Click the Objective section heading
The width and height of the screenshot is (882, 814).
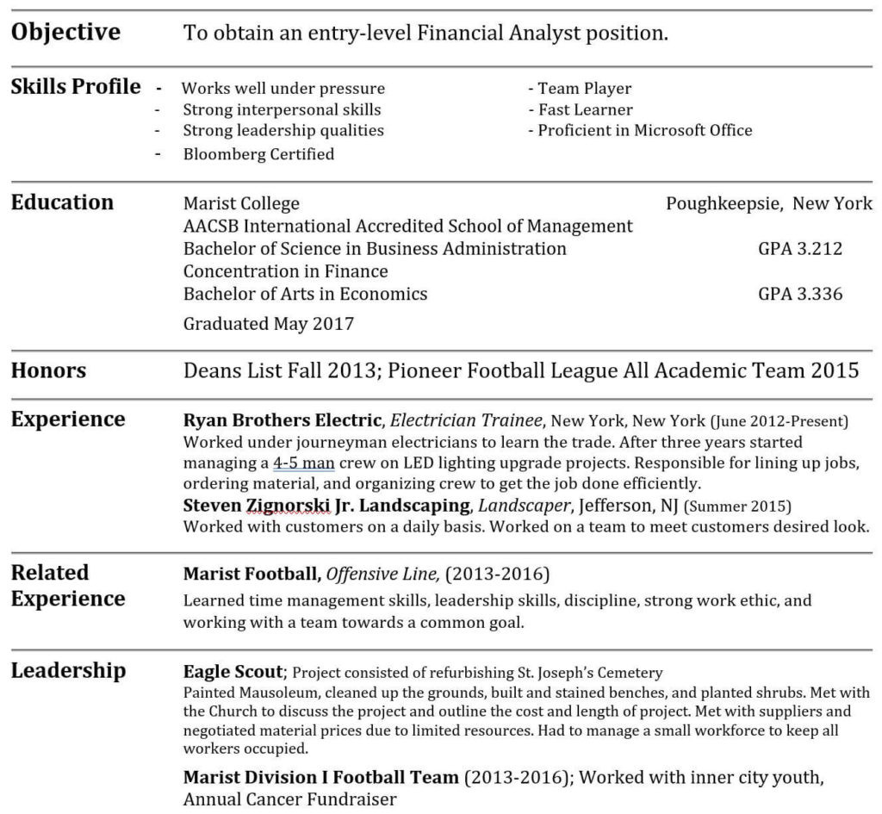(65, 33)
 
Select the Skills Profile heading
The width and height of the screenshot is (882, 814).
(76, 86)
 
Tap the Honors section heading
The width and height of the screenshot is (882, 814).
(48, 371)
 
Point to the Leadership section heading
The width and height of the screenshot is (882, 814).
(68, 670)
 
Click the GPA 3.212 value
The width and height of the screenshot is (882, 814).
(800, 249)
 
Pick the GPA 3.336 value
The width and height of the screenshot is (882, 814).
(800, 294)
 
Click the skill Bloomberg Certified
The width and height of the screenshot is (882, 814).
(258, 154)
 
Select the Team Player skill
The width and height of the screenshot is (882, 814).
(585, 88)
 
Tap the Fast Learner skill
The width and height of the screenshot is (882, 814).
(586, 109)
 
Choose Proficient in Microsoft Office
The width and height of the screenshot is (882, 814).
(645, 130)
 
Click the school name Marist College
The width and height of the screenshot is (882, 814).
(241, 204)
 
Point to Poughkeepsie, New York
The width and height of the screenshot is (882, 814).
(768, 204)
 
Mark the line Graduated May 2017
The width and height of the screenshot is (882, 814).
(268, 324)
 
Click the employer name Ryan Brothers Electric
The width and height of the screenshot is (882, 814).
(282, 420)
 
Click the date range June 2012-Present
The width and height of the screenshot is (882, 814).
(780, 421)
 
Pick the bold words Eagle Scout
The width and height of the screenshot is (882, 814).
(233, 672)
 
